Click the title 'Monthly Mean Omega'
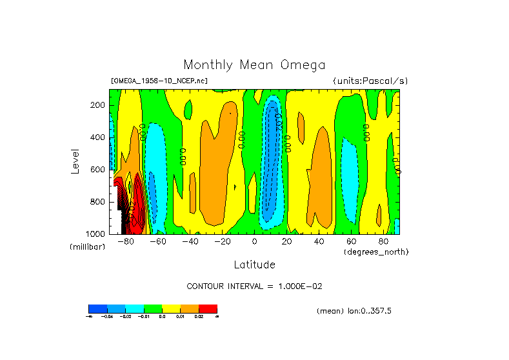[254, 65]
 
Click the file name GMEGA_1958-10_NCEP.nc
[159, 81]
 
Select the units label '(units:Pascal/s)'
[370, 81]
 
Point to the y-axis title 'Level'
[76, 161]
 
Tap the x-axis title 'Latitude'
[254, 265]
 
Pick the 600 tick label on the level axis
[98, 170]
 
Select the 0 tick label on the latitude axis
[255, 242]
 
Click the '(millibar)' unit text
[87, 247]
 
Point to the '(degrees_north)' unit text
[376, 252]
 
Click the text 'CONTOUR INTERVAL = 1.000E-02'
[254, 286]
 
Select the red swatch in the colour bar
[208, 308]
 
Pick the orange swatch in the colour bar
[190, 308]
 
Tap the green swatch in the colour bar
[153, 308]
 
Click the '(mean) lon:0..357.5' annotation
[354, 311]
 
